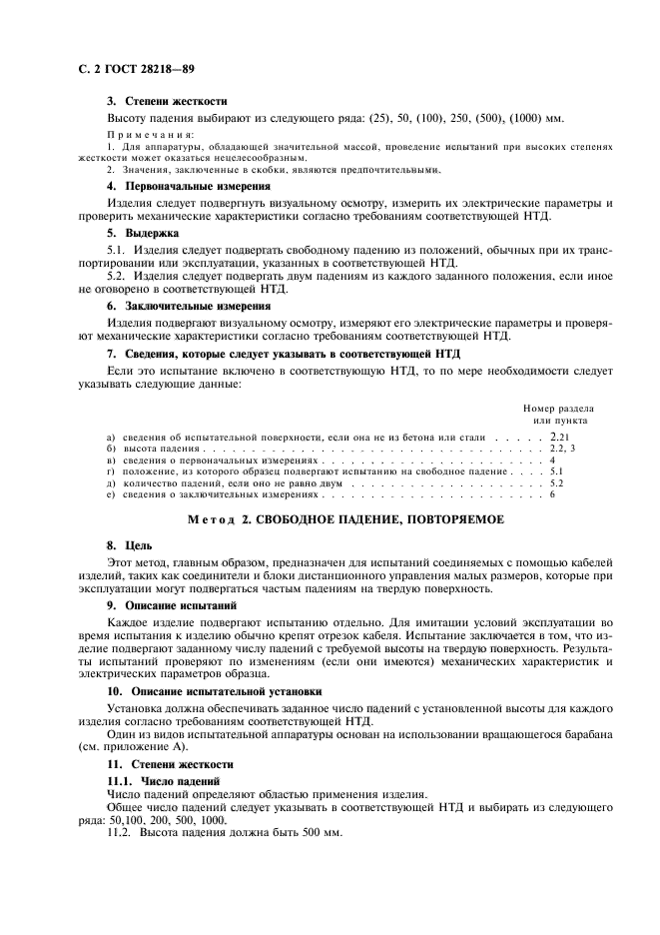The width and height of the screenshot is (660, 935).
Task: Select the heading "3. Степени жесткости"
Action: [167, 101]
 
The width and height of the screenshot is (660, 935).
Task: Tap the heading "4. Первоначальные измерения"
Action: [188, 186]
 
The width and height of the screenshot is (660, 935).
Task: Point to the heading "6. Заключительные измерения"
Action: [188, 305]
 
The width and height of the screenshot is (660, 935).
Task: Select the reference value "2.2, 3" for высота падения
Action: [563, 451]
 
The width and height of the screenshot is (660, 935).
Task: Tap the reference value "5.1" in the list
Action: [557, 470]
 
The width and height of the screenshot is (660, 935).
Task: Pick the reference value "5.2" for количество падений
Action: [557, 482]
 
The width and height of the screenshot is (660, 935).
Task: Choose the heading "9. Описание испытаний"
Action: [171, 605]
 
